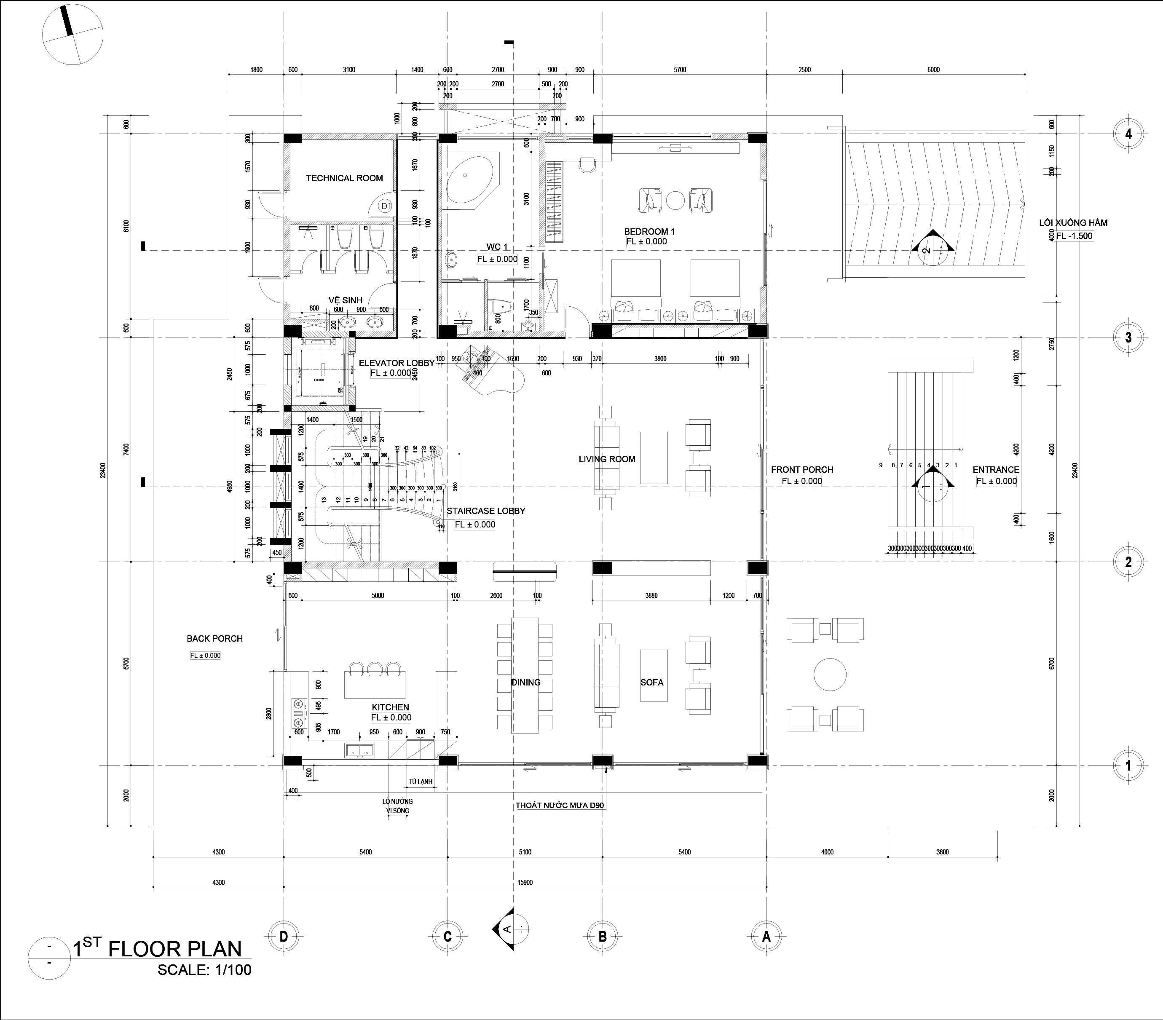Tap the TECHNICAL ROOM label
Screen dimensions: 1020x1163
click(x=344, y=178)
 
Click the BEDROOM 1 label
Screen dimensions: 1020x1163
click(x=649, y=232)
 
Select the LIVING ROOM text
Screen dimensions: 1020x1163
click(x=606, y=459)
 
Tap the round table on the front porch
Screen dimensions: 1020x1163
click(x=830, y=674)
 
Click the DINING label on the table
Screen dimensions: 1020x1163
click(x=525, y=682)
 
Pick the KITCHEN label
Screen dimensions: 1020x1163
click(x=390, y=707)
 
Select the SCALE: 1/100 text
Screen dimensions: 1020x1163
click(x=204, y=969)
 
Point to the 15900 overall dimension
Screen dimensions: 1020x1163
click(x=525, y=882)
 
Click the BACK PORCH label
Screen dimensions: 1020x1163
click(x=214, y=638)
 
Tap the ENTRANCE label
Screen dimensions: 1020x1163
click(x=996, y=469)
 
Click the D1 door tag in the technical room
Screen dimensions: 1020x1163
click(x=386, y=206)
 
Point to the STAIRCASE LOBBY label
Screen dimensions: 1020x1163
click(x=485, y=511)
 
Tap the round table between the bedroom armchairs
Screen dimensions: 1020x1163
click(x=676, y=200)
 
